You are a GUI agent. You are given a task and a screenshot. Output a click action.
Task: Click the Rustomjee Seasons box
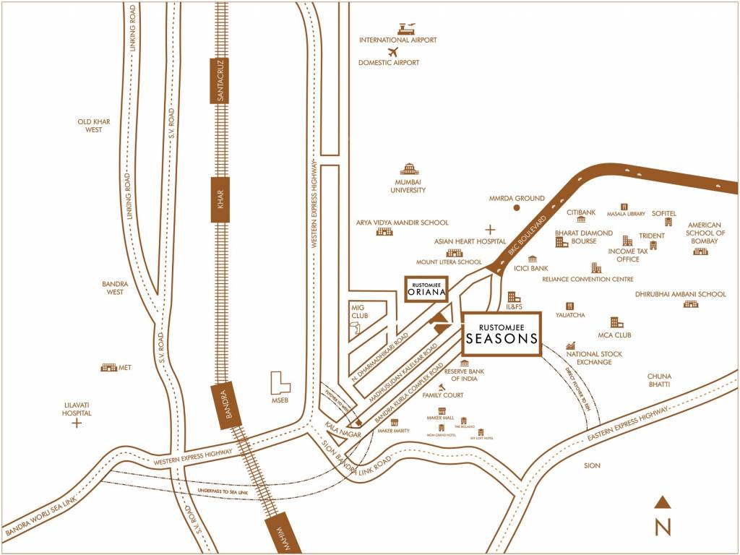(x=502, y=334)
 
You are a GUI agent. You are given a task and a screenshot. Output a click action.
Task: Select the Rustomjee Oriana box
(x=426, y=288)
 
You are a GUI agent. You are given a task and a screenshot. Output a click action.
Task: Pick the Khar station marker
(x=220, y=199)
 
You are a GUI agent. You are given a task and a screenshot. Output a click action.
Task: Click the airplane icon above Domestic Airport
(x=393, y=52)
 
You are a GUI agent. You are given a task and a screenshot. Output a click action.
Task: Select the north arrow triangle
(x=663, y=502)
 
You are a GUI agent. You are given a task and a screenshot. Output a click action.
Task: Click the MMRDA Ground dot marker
(x=517, y=207)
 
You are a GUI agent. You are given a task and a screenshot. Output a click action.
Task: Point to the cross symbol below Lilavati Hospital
(x=77, y=423)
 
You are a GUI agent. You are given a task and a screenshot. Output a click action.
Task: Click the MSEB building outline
(x=280, y=382)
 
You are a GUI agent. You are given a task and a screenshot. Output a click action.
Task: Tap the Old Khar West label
(x=94, y=126)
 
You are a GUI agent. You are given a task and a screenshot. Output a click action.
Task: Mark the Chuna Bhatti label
(x=659, y=380)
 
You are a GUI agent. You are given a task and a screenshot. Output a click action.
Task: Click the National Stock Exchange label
(x=594, y=358)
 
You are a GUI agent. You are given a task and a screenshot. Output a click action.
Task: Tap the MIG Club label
(x=359, y=311)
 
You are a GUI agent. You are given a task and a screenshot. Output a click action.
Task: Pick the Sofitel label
(x=663, y=213)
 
